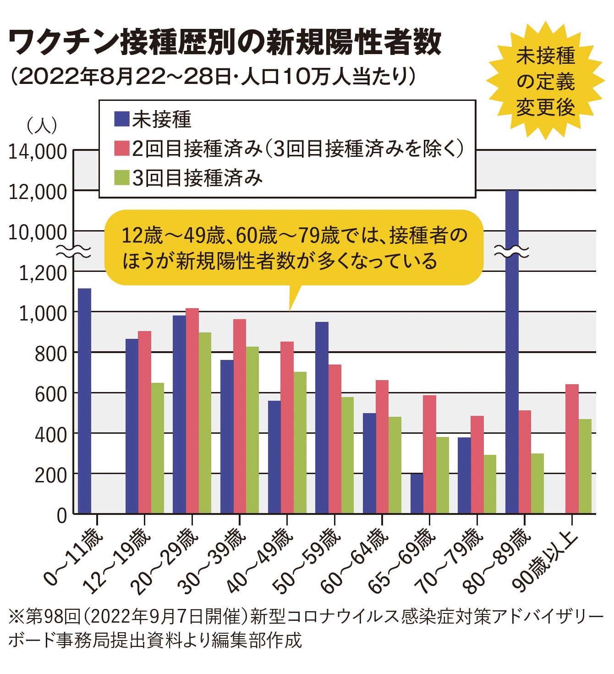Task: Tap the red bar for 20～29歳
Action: click(192, 410)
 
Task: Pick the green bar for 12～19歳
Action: click(158, 448)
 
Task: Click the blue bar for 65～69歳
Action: click(417, 493)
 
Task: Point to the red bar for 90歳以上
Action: click(572, 448)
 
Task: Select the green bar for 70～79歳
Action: click(490, 484)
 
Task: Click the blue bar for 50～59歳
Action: click(322, 417)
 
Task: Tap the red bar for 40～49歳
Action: click(287, 427)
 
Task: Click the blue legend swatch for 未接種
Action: click(121, 119)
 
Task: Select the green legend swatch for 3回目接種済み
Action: click(121, 178)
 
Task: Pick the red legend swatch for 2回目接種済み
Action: click(121, 149)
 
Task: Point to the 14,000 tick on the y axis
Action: click(38, 152)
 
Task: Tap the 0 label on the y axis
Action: click(61, 515)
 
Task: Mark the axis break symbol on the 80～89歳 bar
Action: click(512, 251)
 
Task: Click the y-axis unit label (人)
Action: click(42, 125)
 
